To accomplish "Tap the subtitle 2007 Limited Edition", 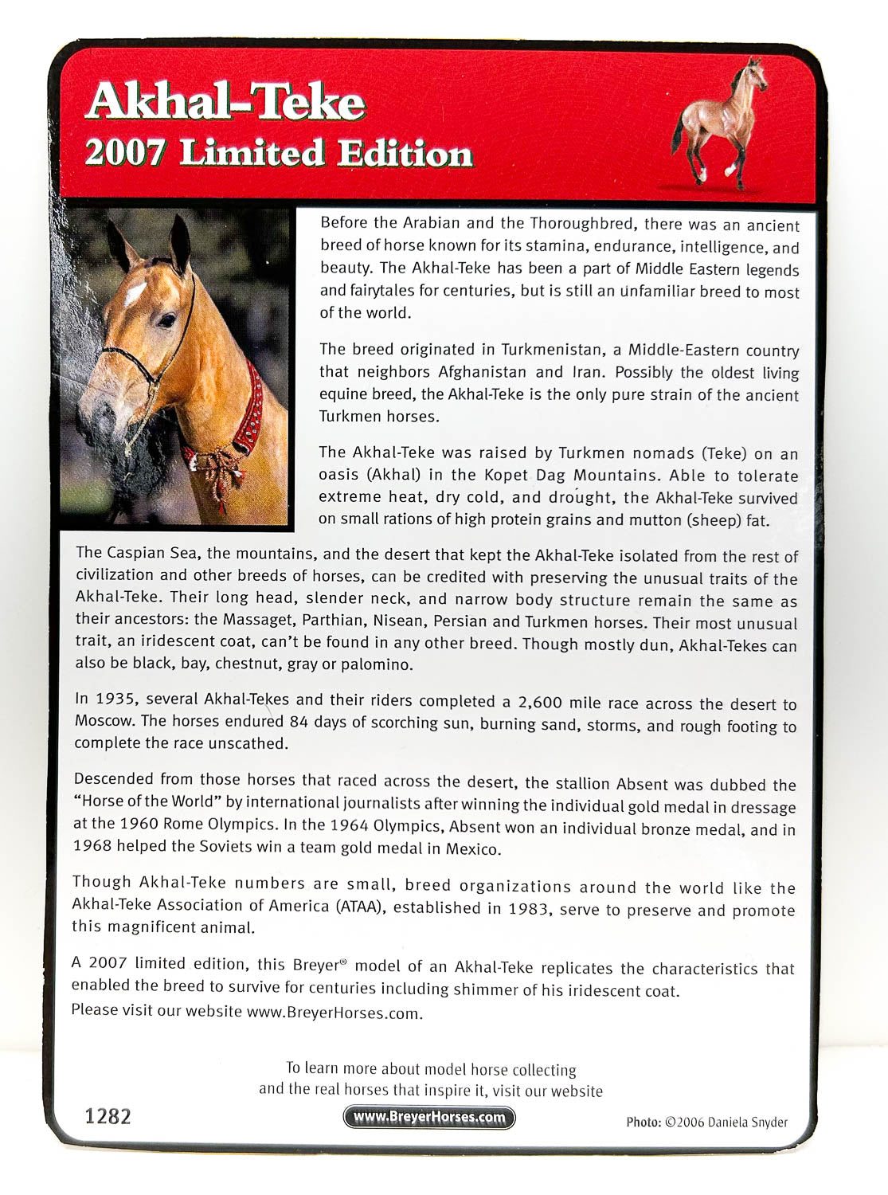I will pos(279,153).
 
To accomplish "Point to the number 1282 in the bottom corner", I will pos(108,1116).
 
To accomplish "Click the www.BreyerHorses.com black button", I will pos(429,1117).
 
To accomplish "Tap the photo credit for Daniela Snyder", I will pos(706,1122).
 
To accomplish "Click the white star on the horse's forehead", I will pos(135,292).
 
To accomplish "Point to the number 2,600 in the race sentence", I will pos(540,702).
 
